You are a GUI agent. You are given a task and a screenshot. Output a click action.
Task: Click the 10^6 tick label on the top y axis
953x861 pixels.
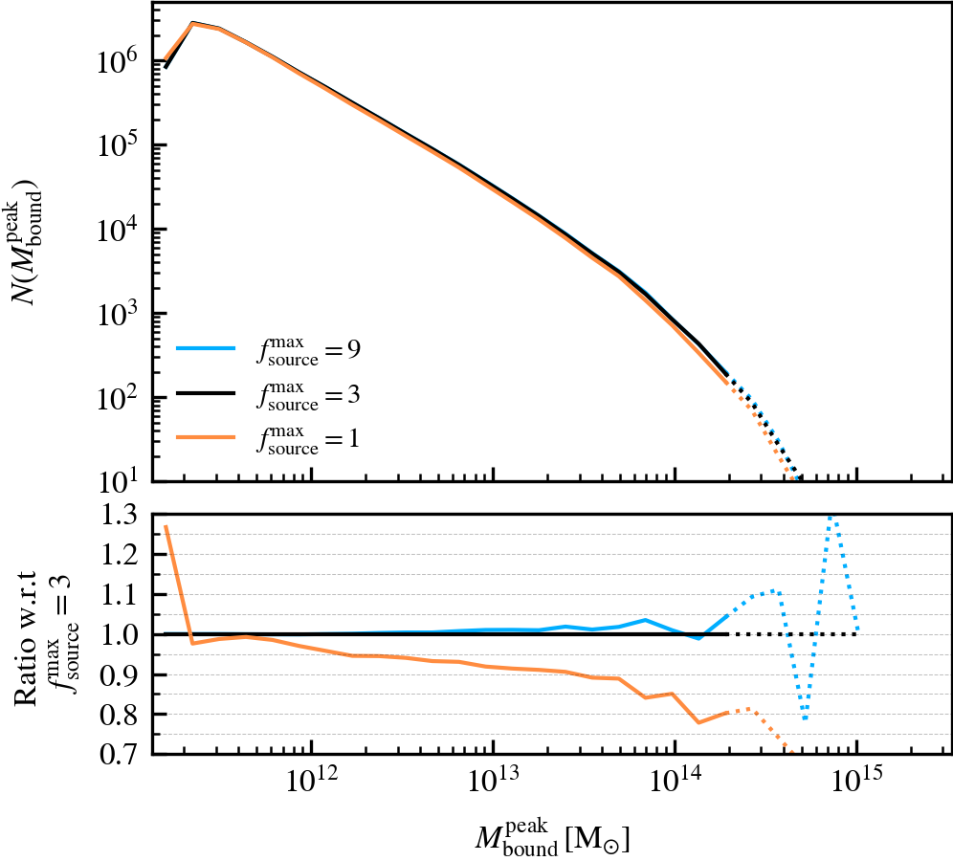118,62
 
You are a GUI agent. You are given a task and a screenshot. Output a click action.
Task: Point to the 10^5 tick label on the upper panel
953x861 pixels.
118,145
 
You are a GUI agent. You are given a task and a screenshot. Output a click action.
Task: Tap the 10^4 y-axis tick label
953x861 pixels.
118,230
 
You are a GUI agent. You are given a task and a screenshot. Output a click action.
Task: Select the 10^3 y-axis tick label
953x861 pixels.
118,314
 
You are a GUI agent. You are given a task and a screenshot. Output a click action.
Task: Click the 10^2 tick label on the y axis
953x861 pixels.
118,397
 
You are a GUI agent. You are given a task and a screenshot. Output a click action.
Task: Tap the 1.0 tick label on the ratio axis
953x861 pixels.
120,634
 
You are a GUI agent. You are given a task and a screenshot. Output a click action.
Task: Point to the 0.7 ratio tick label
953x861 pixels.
120,755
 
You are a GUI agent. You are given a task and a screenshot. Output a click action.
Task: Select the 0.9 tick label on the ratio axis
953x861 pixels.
120,674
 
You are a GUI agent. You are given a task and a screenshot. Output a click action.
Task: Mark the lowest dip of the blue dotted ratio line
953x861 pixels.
806,718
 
